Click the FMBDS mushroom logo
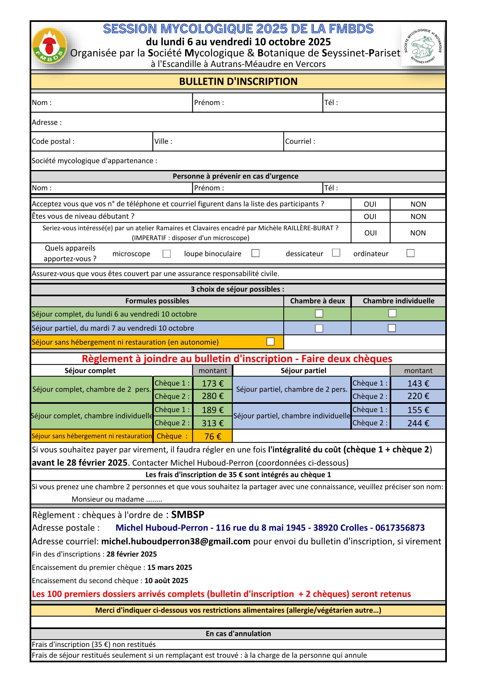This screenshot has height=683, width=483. pos(49,46)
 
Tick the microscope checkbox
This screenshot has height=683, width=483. pos(166,254)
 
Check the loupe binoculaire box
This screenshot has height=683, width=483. pos(255,253)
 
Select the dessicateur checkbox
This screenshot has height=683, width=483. pos(336,253)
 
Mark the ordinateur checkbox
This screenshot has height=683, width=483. pos(410,253)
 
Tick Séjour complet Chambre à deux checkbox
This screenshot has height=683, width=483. pos(319,314)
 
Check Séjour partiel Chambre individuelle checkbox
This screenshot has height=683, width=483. pos(392,328)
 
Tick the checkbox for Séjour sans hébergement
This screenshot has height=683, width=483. pos(270,342)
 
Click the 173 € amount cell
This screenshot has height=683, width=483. pos(213,384)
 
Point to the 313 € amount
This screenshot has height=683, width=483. pos(213,423)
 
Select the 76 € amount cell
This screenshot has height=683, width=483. pos(213,436)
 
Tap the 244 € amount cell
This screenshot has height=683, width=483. pos(418,423)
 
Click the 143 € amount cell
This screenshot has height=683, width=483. pos(418,384)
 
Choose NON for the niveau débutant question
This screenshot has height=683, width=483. pos(418,217)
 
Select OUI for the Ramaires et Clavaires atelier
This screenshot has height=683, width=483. pos(370,233)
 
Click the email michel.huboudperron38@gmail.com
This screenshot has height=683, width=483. pos(176,541)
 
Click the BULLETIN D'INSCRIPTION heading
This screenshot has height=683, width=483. pos(238,82)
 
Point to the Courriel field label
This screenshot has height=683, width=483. pos(300,142)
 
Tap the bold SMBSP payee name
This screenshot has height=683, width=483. pos(188,515)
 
